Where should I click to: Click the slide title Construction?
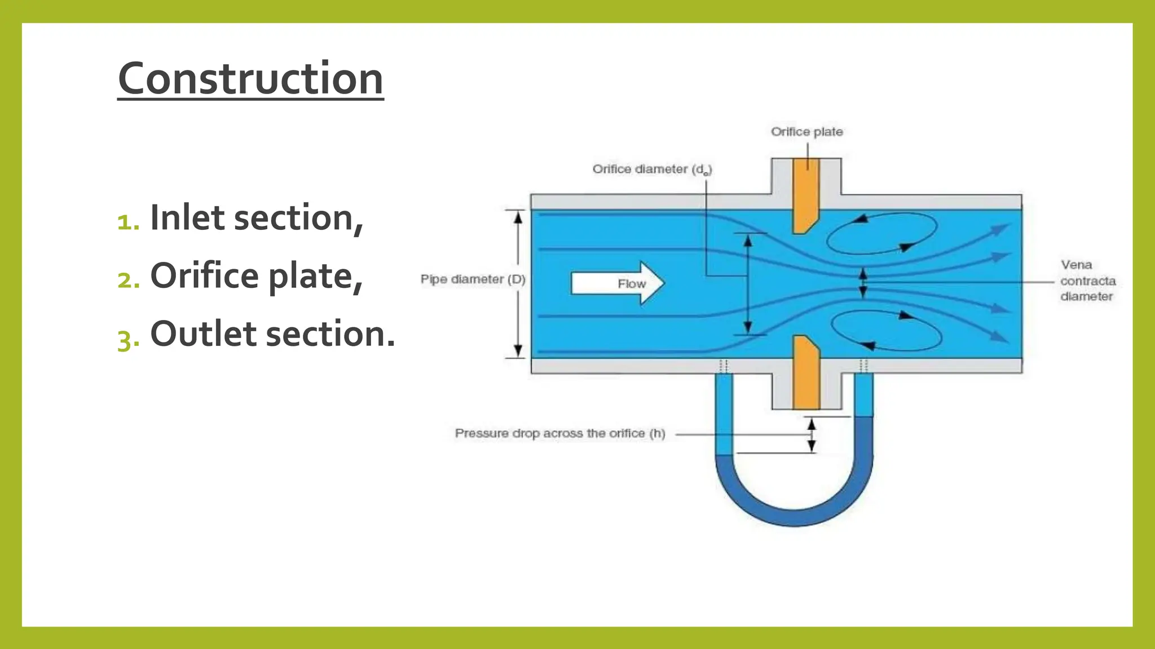point(250,78)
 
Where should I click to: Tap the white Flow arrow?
point(617,283)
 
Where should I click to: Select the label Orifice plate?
point(806,132)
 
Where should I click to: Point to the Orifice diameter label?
point(652,169)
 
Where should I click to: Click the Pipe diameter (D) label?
point(473,279)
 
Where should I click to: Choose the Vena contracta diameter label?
point(1087,281)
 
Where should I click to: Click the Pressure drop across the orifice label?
point(560,433)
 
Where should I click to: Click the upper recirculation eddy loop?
point(881,232)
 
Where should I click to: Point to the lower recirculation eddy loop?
point(886,331)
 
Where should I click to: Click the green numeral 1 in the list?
point(127,221)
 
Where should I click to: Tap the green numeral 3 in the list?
point(127,339)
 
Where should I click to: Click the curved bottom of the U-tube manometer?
point(794,515)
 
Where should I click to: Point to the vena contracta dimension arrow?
point(862,283)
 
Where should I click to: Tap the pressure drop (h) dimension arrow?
point(812,434)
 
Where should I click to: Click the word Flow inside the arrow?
point(631,284)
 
